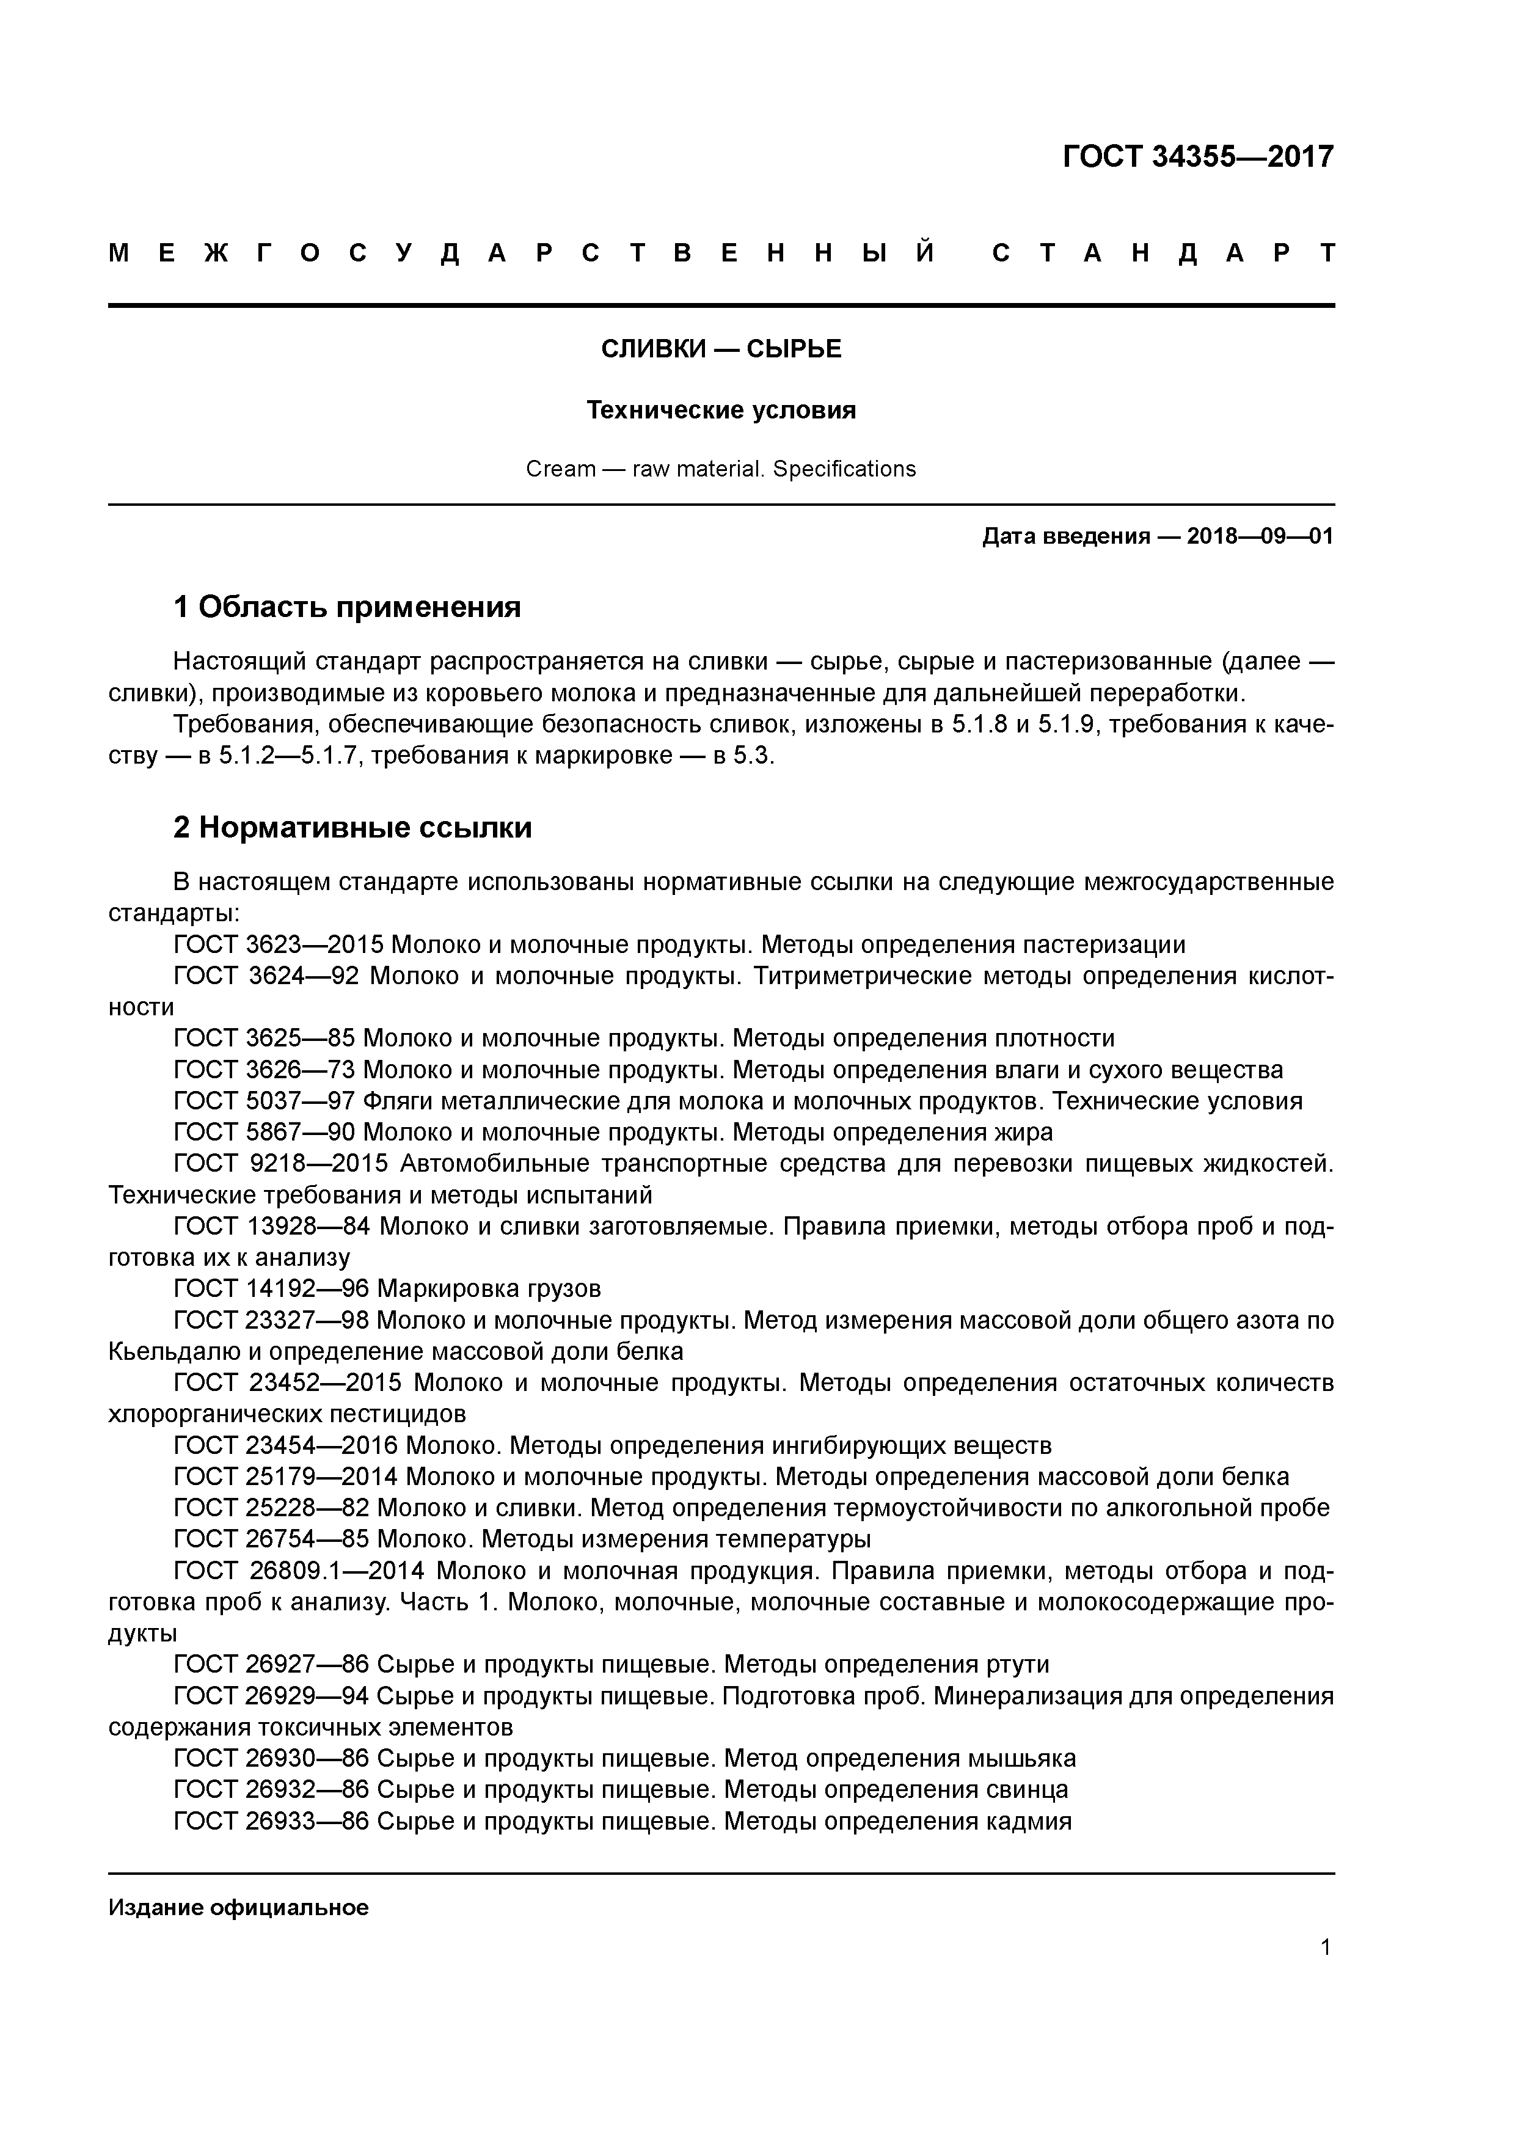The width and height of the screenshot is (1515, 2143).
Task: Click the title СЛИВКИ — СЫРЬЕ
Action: coord(721,349)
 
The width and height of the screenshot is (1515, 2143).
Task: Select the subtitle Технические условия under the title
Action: coord(721,410)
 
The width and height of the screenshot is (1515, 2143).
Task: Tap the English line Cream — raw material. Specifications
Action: coord(721,469)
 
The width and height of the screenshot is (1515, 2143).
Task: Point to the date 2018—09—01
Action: coord(1260,537)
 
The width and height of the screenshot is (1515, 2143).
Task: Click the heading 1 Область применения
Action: coord(347,608)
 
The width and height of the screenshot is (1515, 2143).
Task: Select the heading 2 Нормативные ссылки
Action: coord(353,828)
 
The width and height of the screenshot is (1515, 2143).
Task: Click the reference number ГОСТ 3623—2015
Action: coord(278,944)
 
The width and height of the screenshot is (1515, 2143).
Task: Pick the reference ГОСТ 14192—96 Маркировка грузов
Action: coord(387,1289)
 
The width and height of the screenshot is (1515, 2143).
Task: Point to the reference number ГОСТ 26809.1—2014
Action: coord(299,1571)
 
